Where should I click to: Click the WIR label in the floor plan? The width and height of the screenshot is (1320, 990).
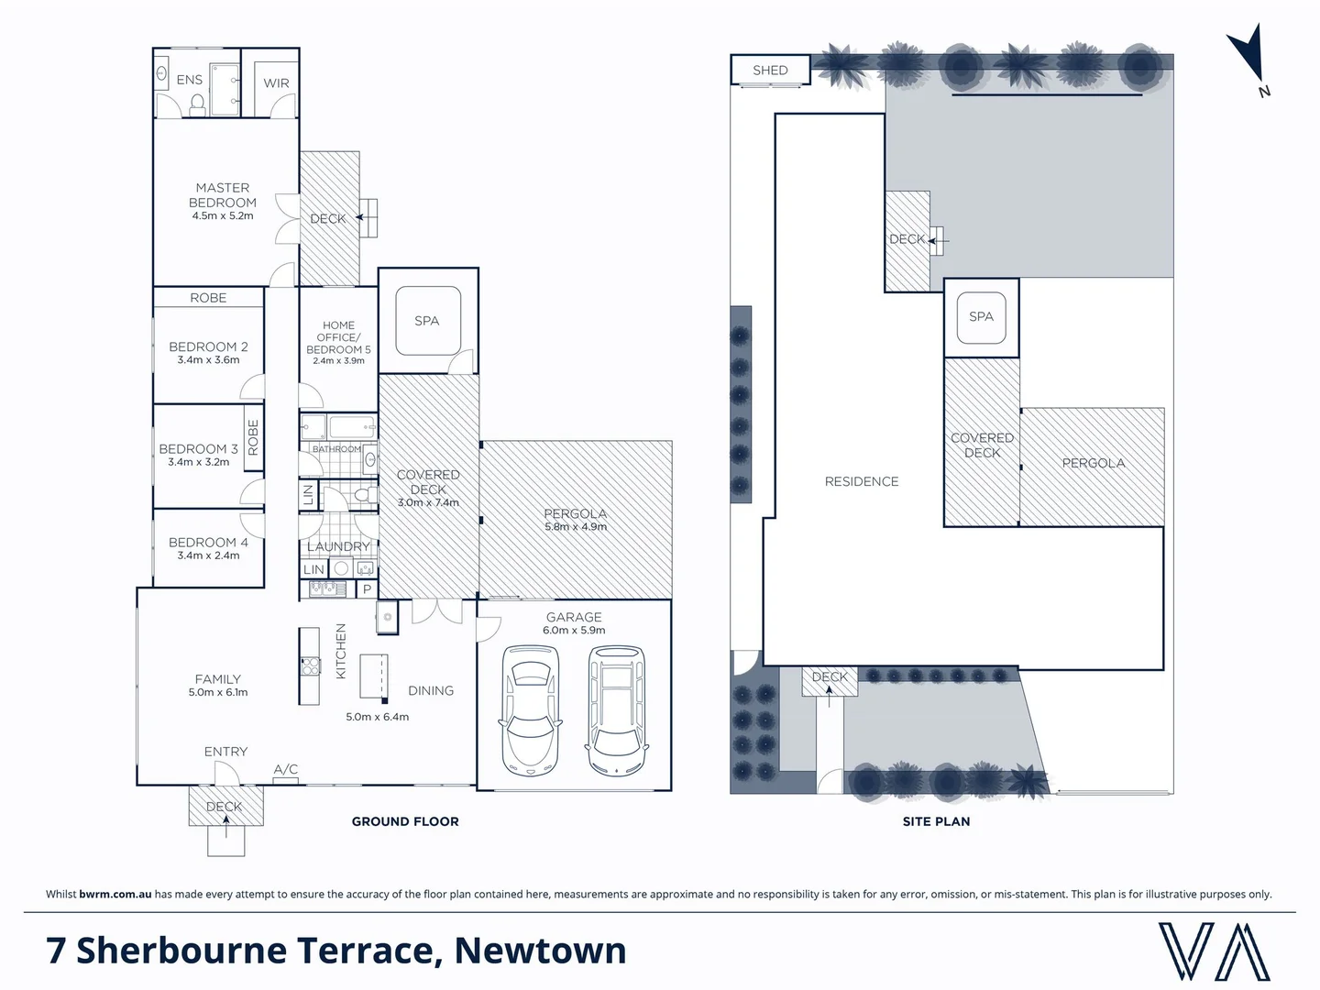pos(276,83)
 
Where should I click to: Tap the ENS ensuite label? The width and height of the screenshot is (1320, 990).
pos(189,80)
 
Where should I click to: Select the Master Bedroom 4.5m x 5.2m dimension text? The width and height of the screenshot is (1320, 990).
pos(223,216)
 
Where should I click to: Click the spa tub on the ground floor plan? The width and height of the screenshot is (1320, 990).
pos(427,320)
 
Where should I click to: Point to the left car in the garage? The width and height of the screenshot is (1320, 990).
pos(528,710)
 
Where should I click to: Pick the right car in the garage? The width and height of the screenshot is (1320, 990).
pos(617,710)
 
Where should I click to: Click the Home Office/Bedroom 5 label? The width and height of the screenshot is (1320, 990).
pos(338,337)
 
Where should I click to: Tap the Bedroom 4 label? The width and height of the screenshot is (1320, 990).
pos(208,543)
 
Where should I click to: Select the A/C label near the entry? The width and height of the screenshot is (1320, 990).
pos(285,770)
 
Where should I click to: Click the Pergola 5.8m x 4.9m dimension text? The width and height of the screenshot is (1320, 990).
pos(576,527)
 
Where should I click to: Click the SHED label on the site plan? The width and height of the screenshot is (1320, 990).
pos(770,71)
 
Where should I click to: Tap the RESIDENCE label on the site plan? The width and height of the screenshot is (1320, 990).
pos(861,481)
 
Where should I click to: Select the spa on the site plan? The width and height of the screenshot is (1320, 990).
pos(981,316)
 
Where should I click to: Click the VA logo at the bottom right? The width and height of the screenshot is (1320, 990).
pos(1214,951)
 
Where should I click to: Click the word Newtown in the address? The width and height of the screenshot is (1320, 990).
pos(540,951)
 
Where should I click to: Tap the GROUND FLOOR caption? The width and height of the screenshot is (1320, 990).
pos(405,821)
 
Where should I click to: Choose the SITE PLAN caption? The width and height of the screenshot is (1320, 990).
pos(936,821)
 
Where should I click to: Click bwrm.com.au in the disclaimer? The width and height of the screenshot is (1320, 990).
pos(115,894)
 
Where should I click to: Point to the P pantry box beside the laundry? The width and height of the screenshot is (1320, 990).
pos(367,589)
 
